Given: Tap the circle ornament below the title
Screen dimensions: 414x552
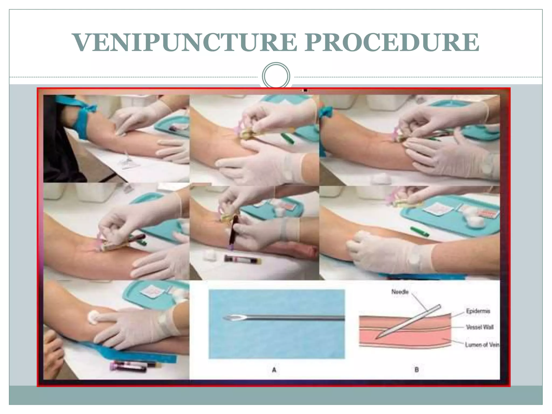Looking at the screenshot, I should click(x=276, y=76).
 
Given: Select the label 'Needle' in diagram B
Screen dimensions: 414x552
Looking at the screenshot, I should click(x=400, y=292).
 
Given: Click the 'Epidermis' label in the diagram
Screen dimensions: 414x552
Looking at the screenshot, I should click(x=478, y=311).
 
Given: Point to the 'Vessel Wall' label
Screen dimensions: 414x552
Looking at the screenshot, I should click(x=479, y=327).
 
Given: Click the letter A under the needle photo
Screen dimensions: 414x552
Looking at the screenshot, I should click(x=274, y=370).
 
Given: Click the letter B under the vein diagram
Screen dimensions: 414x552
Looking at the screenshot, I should click(x=416, y=370).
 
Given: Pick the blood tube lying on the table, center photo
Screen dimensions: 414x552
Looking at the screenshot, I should click(x=243, y=260).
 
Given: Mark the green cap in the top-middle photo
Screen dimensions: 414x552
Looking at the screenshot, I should click(x=288, y=138).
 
